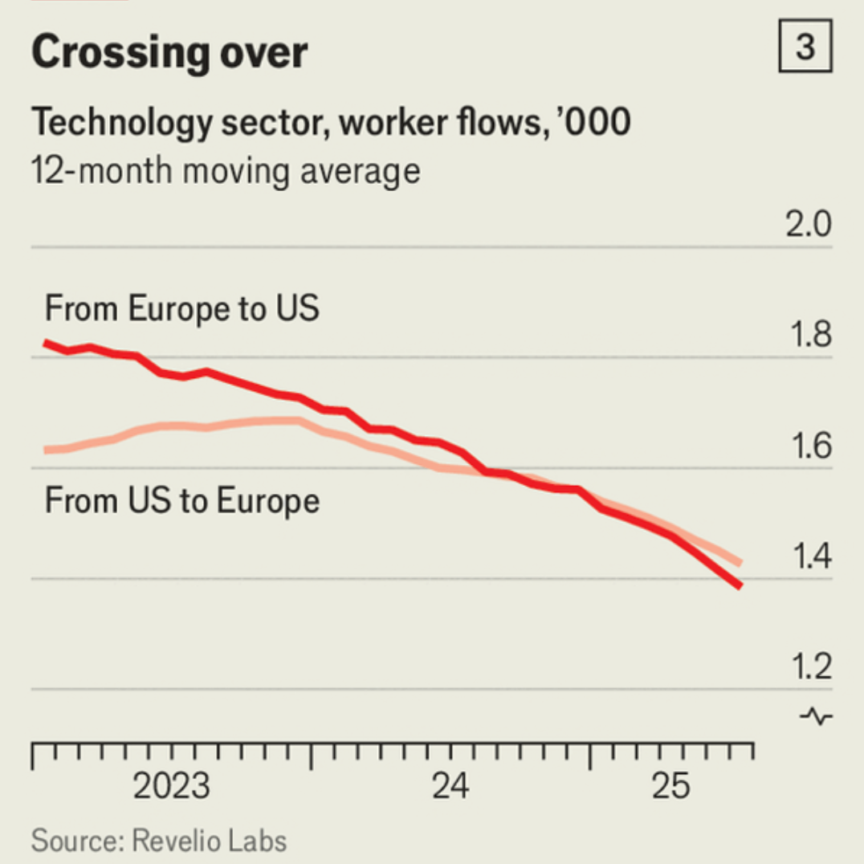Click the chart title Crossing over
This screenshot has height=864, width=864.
click(x=169, y=53)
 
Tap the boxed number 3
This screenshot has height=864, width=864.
click(x=805, y=49)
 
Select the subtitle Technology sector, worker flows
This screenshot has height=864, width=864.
click(x=331, y=123)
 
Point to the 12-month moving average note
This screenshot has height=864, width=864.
click(x=226, y=171)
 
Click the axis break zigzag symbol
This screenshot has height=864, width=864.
click(x=817, y=715)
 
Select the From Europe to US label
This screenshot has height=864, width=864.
click(x=182, y=308)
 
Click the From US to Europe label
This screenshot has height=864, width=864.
click(x=182, y=501)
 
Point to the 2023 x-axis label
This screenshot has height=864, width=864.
click(x=171, y=787)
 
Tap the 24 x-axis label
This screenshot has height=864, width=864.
click(x=451, y=787)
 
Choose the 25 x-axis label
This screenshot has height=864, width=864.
click(x=670, y=787)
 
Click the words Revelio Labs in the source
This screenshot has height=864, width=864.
click(x=209, y=841)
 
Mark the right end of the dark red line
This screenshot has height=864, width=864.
click(x=739, y=585)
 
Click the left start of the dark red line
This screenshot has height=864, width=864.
click(x=46, y=344)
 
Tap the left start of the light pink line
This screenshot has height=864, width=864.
click(x=46, y=450)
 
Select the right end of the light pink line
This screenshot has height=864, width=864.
click(x=739, y=563)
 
